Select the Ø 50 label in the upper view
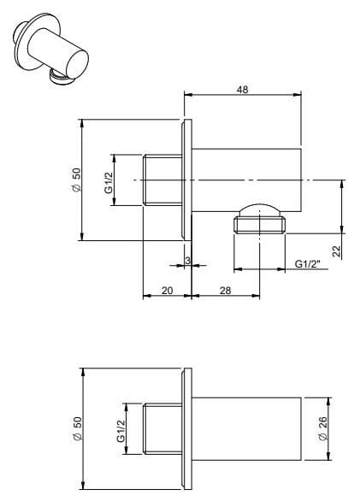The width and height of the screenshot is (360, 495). point(76,180)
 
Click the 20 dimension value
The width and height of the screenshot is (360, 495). point(167,291)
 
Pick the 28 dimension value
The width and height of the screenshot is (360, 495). point(227,291)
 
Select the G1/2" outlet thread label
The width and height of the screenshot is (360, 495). point(307,265)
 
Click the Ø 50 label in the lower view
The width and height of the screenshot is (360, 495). point(76,427)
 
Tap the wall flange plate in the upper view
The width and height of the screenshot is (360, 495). point(185,180)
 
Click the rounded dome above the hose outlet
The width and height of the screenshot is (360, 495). point(263,208)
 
